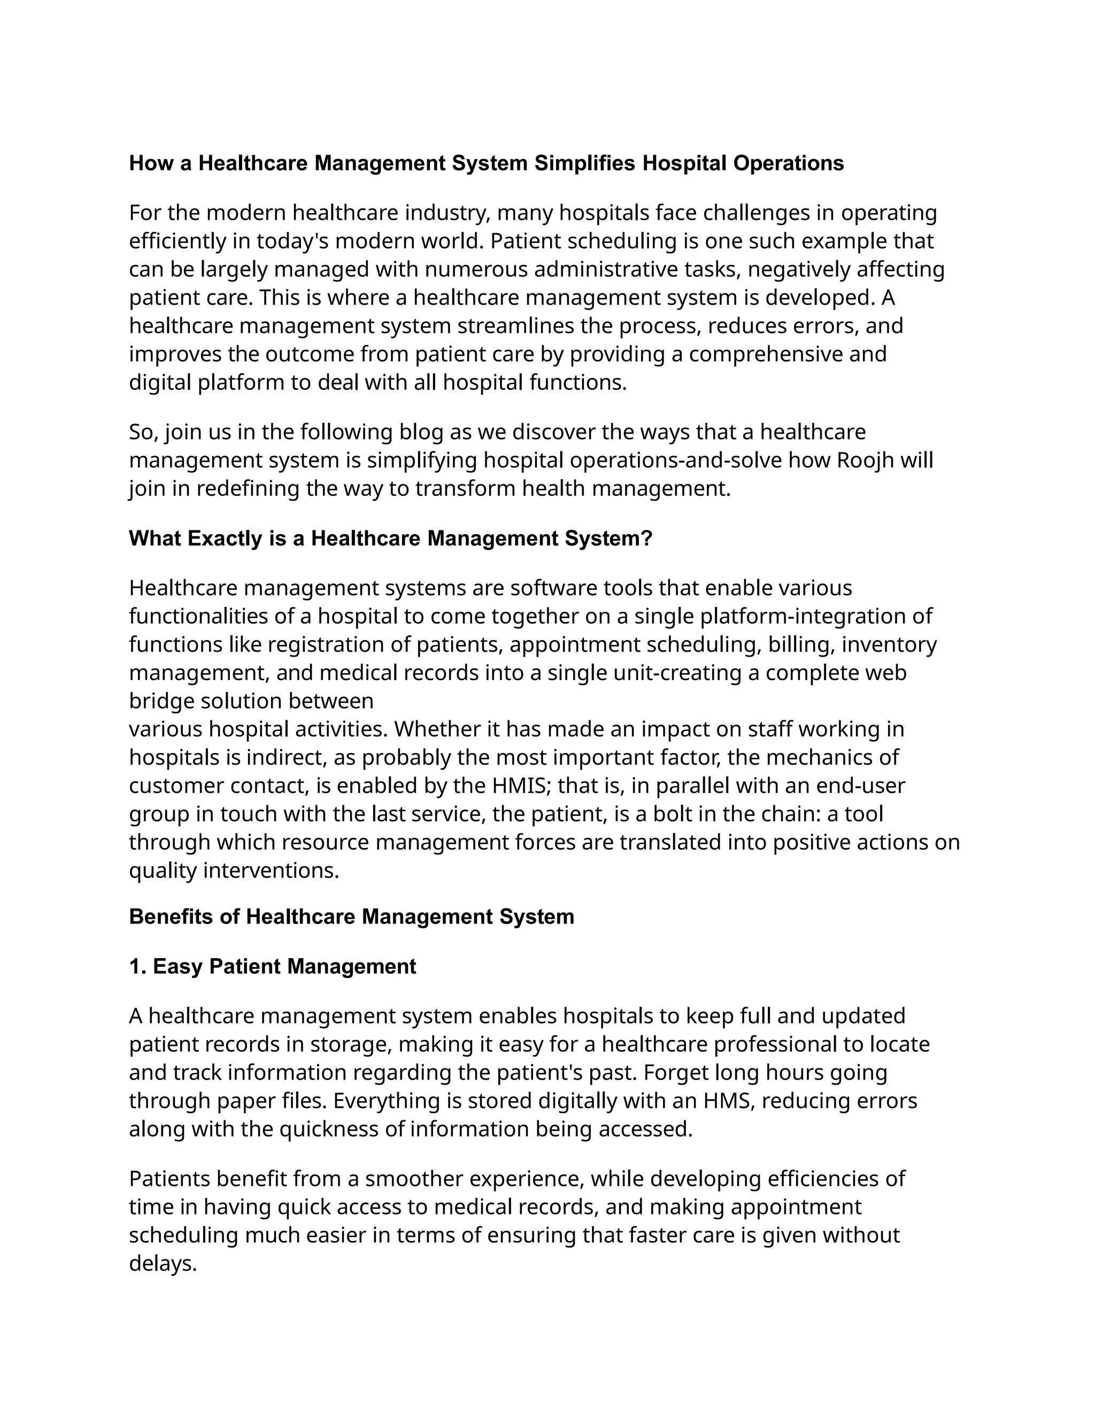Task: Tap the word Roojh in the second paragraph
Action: (866, 460)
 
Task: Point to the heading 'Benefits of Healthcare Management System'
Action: (352, 917)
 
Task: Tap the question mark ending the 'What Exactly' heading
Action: (646, 538)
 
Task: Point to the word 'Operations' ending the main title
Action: (788, 164)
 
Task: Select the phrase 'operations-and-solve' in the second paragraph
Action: (676, 460)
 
